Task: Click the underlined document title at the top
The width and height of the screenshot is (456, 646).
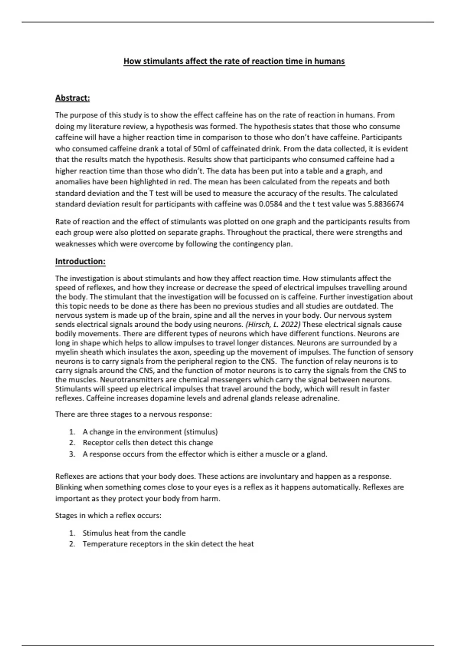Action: [x=234, y=61]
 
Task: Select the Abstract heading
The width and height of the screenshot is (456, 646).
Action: [x=73, y=98]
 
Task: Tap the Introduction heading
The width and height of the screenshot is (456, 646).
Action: [x=80, y=261]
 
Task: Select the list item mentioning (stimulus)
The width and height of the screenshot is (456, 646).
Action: [x=150, y=432]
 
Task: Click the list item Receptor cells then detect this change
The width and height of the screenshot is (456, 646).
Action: [x=148, y=443]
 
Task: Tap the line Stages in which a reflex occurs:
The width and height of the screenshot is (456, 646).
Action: [x=108, y=516]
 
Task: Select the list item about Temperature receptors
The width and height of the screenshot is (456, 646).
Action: [x=168, y=544]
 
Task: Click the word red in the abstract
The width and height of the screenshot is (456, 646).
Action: [x=184, y=182]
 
